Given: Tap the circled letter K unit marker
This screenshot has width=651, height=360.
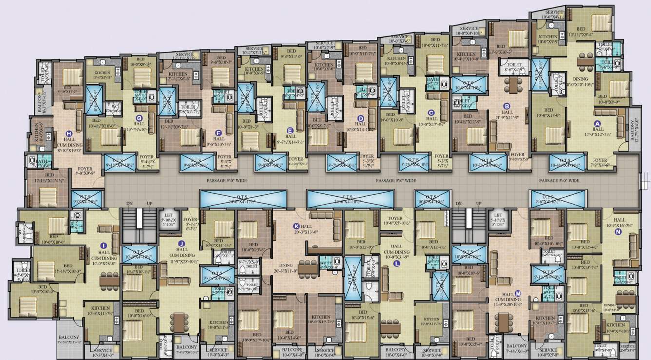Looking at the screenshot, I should pyautogui.click(x=296, y=226).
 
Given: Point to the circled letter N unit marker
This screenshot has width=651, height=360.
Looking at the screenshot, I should pyautogui.click(x=618, y=232).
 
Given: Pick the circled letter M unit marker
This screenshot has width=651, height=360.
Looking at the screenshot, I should pyautogui.click(x=518, y=293).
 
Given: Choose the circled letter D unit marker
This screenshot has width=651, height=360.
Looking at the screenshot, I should pyautogui.click(x=361, y=118).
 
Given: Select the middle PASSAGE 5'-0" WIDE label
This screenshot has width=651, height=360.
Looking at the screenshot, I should pyautogui.click(x=396, y=181).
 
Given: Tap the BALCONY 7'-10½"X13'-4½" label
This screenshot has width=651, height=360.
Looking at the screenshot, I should pyautogui.click(x=69, y=340).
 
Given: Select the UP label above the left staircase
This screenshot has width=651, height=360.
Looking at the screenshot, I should pyautogui.click(x=150, y=203).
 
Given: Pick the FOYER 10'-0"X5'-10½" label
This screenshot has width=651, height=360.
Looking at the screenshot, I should pyautogui.click(x=396, y=221).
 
